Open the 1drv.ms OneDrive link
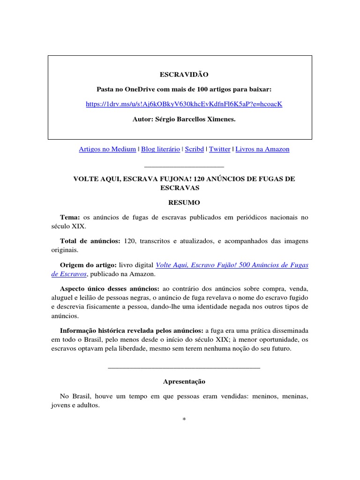(184, 104)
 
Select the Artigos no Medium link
(108, 149)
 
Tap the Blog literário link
(160, 149)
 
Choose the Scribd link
(194, 149)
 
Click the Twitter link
(219, 149)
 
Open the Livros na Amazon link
(262, 149)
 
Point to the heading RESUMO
(184, 202)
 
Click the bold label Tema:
(70, 217)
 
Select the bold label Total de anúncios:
(90, 241)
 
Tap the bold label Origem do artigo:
(88, 265)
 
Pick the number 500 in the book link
(233, 265)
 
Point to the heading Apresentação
(184, 382)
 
